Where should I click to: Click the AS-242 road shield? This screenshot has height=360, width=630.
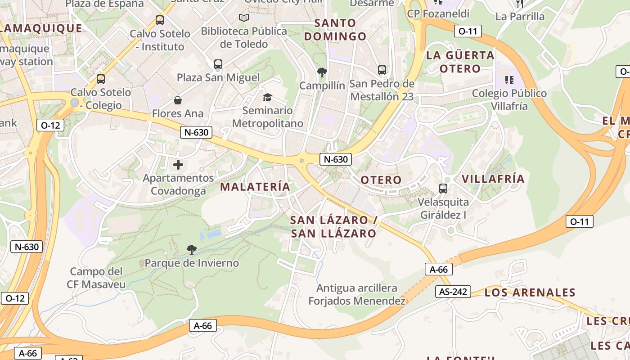click(453, 292)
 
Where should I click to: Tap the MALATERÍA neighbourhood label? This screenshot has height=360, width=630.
click(255, 186)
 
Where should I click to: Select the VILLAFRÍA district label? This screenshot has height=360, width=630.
click(493, 179)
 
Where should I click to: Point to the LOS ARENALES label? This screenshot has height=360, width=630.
click(530, 292)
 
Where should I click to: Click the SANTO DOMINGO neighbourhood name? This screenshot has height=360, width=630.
click(335, 29)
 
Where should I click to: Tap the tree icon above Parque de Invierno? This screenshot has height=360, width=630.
click(191, 249)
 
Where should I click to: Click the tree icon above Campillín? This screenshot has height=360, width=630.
click(322, 72)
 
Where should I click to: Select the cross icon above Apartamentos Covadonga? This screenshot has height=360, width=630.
click(178, 165)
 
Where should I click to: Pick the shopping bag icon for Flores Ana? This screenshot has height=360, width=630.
click(178, 100)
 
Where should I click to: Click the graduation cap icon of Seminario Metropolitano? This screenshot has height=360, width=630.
click(267, 97)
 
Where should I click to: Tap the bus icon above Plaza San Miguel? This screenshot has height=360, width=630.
click(218, 64)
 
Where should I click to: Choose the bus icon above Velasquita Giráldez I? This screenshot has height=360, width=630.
click(443, 189)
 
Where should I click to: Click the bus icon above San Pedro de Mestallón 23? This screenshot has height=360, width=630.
click(382, 70)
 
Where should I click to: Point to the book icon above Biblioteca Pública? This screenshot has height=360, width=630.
click(244, 18)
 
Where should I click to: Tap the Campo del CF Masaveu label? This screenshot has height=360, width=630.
click(96, 278)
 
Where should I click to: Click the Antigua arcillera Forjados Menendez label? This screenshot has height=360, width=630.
click(357, 294)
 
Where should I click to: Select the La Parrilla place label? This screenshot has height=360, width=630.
click(520, 17)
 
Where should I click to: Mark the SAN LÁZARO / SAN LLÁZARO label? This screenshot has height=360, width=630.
click(333, 226)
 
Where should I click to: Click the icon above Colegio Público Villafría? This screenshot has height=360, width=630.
click(509, 80)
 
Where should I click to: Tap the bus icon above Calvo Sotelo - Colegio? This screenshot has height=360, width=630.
click(101, 79)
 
